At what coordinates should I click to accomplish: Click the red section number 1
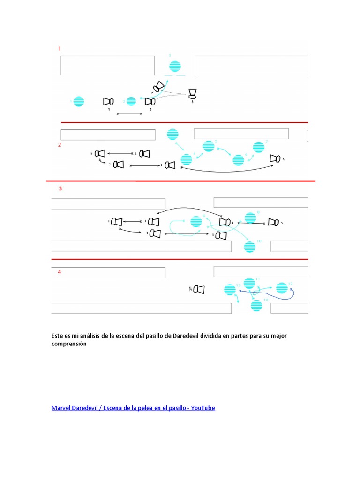tap(60, 48)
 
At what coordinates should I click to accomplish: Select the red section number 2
tap(60, 145)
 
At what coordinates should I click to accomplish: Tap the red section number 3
tap(60, 189)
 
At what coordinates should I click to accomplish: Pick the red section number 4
tap(60, 272)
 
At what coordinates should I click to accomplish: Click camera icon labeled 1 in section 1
tap(108, 101)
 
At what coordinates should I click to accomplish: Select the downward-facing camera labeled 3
tap(192, 94)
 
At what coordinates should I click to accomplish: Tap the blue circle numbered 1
tap(78, 101)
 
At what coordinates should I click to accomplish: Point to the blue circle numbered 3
tap(175, 67)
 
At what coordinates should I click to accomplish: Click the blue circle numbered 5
tap(208, 147)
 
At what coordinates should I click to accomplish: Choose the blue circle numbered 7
tap(259, 147)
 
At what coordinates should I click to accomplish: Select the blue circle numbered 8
tap(250, 217)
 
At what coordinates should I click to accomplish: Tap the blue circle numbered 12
tap(281, 288)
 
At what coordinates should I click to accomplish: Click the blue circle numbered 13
tap(230, 290)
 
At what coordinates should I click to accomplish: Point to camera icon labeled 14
tap(199, 290)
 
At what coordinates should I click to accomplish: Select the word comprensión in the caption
tap(69, 344)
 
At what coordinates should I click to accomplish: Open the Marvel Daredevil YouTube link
tap(133, 408)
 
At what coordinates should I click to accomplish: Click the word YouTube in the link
tap(203, 408)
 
